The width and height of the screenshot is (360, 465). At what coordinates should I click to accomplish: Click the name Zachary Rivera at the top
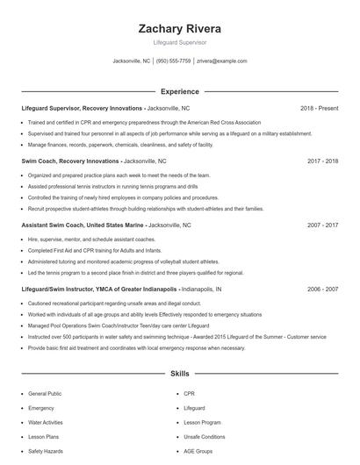[x=179, y=28]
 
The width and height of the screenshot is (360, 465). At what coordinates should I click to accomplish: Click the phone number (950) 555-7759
[x=174, y=61]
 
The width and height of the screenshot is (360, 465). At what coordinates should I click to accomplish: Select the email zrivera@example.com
[x=221, y=61]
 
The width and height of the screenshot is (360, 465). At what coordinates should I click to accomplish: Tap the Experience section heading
[x=179, y=91]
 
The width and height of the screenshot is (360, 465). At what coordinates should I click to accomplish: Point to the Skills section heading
[x=179, y=374]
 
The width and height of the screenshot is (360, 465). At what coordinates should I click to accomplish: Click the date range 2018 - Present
[x=319, y=108]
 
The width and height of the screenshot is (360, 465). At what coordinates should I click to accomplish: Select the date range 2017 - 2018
[x=322, y=161]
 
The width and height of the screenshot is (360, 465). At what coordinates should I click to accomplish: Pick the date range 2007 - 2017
[x=322, y=225]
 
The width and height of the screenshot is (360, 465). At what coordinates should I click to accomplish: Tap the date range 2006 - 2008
[x=322, y=288]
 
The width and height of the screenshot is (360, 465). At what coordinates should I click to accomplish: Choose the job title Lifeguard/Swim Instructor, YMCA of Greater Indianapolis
[x=98, y=288]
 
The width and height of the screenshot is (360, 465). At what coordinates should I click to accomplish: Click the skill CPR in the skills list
[x=189, y=395]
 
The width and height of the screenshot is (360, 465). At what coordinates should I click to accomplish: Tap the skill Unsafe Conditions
[x=205, y=436]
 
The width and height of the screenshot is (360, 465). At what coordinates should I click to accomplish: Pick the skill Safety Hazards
[x=46, y=450]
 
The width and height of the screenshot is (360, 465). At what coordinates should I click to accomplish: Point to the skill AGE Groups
[x=198, y=450]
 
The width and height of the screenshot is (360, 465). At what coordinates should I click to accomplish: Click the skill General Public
[x=46, y=395]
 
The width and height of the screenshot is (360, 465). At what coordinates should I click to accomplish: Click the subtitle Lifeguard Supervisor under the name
[x=179, y=41]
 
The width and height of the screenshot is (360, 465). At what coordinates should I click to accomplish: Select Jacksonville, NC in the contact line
[x=132, y=61]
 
